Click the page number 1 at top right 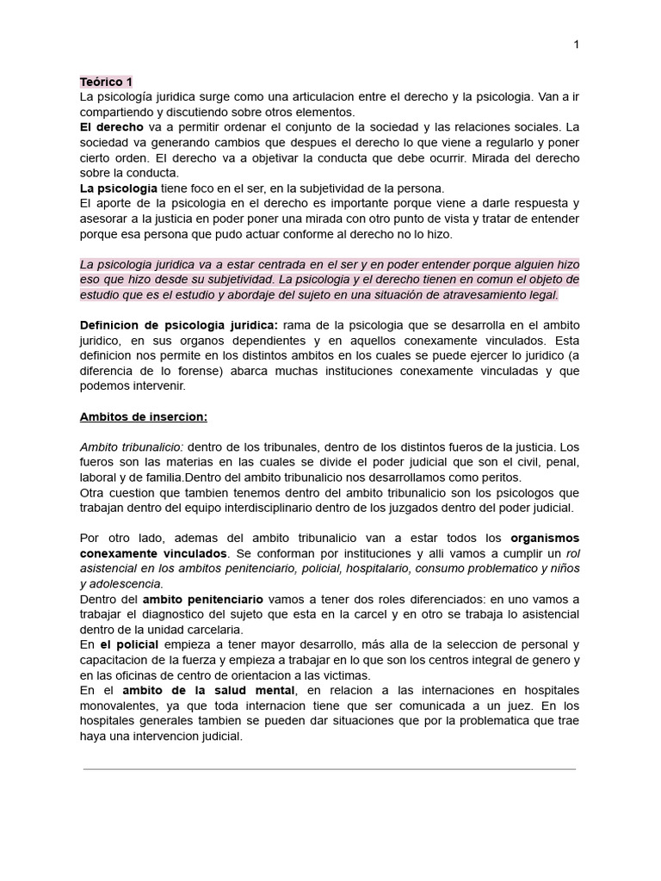point(576,46)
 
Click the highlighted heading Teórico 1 point(106,82)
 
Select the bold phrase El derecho point(111,127)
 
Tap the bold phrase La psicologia point(118,188)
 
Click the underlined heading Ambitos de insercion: point(144,417)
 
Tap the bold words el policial point(129,645)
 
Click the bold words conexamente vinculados point(153,554)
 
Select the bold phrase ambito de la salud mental point(210,691)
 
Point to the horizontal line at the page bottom point(330,769)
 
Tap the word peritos point(501,477)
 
